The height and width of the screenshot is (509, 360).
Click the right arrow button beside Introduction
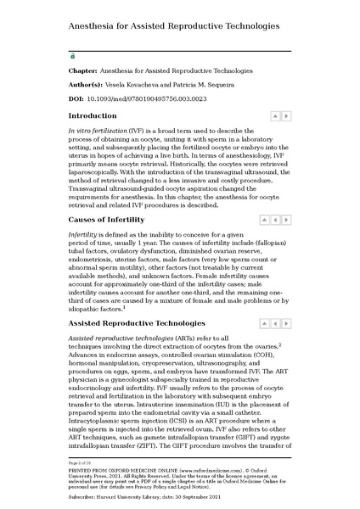point(285,115)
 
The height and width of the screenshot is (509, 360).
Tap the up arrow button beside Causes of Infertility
point(264,220)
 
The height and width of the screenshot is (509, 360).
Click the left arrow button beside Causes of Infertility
point(275,220)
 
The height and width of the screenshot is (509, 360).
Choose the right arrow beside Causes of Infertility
point(286,220)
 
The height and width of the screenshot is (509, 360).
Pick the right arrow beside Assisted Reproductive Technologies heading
point(286,324)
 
